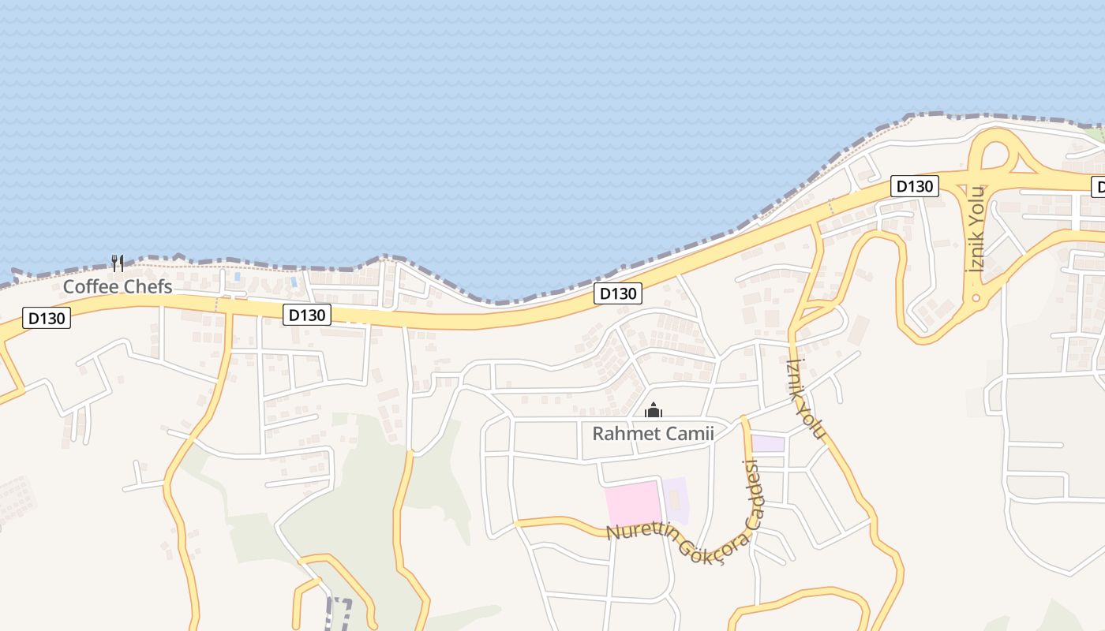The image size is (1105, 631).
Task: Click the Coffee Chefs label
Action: click(x=118, y=286)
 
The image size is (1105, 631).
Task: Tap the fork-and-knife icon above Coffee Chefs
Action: click(x=118, y=263)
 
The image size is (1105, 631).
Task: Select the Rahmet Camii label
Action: click(x=653, y=433)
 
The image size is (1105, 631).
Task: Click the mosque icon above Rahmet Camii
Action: click(x=653, y=410)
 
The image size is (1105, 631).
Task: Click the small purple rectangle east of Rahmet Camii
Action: click(x=767, y=443)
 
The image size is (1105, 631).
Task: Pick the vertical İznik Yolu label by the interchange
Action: click(x=977, y=229)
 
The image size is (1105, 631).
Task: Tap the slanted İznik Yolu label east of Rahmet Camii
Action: click(x=806, y=399)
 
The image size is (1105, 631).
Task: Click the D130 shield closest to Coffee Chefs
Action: click(x=47, y=318)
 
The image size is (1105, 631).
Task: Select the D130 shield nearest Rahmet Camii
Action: click(x=617, y=293)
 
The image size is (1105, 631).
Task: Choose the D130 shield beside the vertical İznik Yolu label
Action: click(x=914, y=186)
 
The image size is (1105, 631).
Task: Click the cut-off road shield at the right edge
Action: click(x=1098, y=187)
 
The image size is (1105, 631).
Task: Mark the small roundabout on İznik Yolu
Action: click(x=976, y=298)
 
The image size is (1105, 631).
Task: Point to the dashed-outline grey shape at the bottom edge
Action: click(x=337, y=614)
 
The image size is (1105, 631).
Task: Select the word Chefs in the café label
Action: click(x=150, y=286)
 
